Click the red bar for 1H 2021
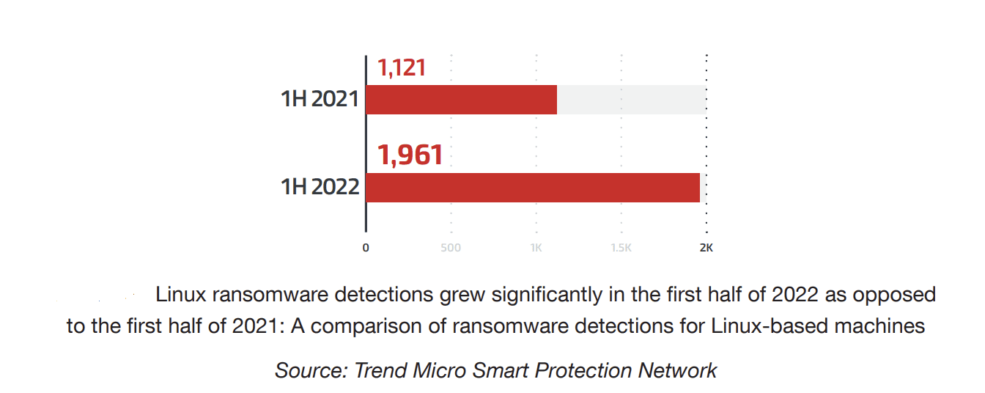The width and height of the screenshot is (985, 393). tap(461, 100)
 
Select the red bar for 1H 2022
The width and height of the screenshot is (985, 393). tap(533, 188)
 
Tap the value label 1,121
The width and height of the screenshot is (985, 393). tap(402, 68)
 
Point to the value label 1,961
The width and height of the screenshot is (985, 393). tap(410, 155)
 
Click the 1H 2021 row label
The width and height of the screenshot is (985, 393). tap(320, 100)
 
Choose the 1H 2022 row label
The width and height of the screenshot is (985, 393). tap(320, 188)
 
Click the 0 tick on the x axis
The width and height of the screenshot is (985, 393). tap(366, 248)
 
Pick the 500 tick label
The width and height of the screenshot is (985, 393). tap(451, 248)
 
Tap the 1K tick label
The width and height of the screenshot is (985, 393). tap(536, 248)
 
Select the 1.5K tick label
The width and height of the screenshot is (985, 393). tap(621, 248)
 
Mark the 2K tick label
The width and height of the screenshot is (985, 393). tap(706, 248)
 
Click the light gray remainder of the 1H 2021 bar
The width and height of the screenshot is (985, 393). tap(630, 100)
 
